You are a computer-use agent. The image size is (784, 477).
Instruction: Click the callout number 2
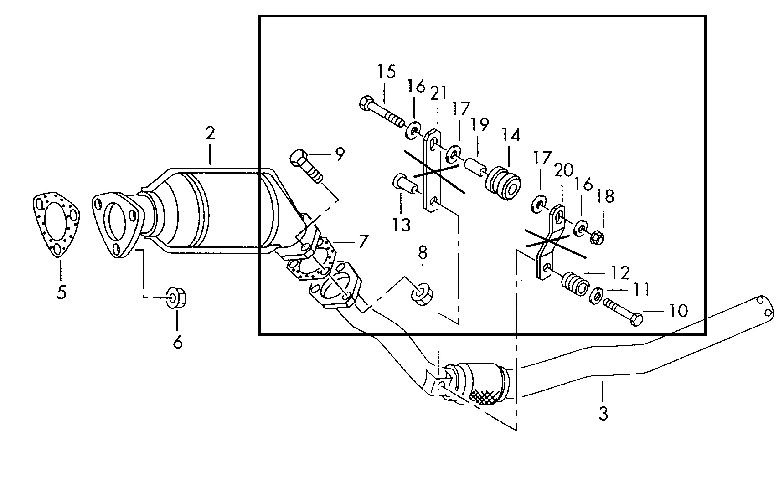[210, 133]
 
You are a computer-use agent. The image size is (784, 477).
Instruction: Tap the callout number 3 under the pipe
[603, 414]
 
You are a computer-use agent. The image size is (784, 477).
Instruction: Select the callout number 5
[61, 292]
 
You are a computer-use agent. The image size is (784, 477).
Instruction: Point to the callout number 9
[340, 154]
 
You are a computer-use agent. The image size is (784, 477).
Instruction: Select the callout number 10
[678, 311]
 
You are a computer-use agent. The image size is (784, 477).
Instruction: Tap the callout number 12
[620, 272]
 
